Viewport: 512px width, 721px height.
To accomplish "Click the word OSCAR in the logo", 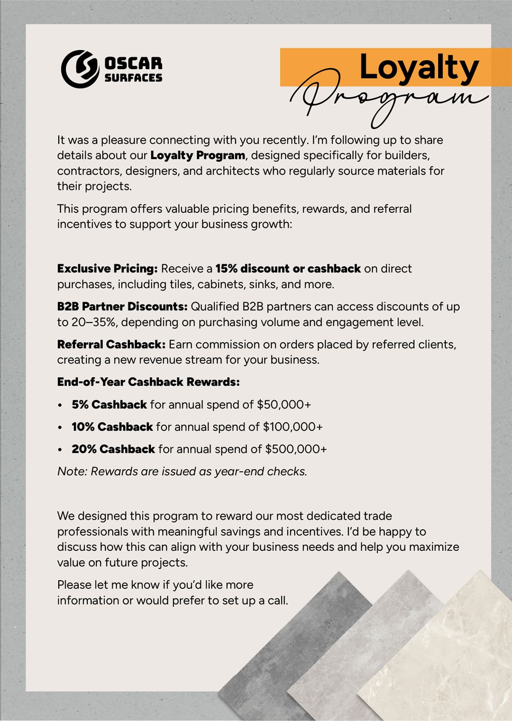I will coord(133,63).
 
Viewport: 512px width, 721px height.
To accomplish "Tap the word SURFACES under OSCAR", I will coord(133,78).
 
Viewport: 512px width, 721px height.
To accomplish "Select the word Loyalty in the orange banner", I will coord(419,68).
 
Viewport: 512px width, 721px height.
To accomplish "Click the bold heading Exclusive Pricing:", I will coord(107,269).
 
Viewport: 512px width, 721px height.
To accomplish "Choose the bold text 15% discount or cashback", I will coord(288,269).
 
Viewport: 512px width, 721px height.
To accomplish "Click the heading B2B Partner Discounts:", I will coord(122,307).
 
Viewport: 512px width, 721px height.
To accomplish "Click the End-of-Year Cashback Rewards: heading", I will coord(148,382).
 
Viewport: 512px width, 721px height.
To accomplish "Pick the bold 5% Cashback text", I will coord(109,405).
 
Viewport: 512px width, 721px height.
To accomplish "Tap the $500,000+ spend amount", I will coord(296,449).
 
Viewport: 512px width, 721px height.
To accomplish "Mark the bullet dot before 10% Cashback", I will coord(60,427).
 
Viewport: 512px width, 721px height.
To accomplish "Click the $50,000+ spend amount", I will coord(284,405).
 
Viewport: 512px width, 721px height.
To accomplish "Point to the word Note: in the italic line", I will coord(72,471).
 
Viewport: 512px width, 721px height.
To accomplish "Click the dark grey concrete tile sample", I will coord(294,639).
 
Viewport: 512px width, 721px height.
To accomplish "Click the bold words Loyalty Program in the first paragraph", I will coord(197,155).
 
